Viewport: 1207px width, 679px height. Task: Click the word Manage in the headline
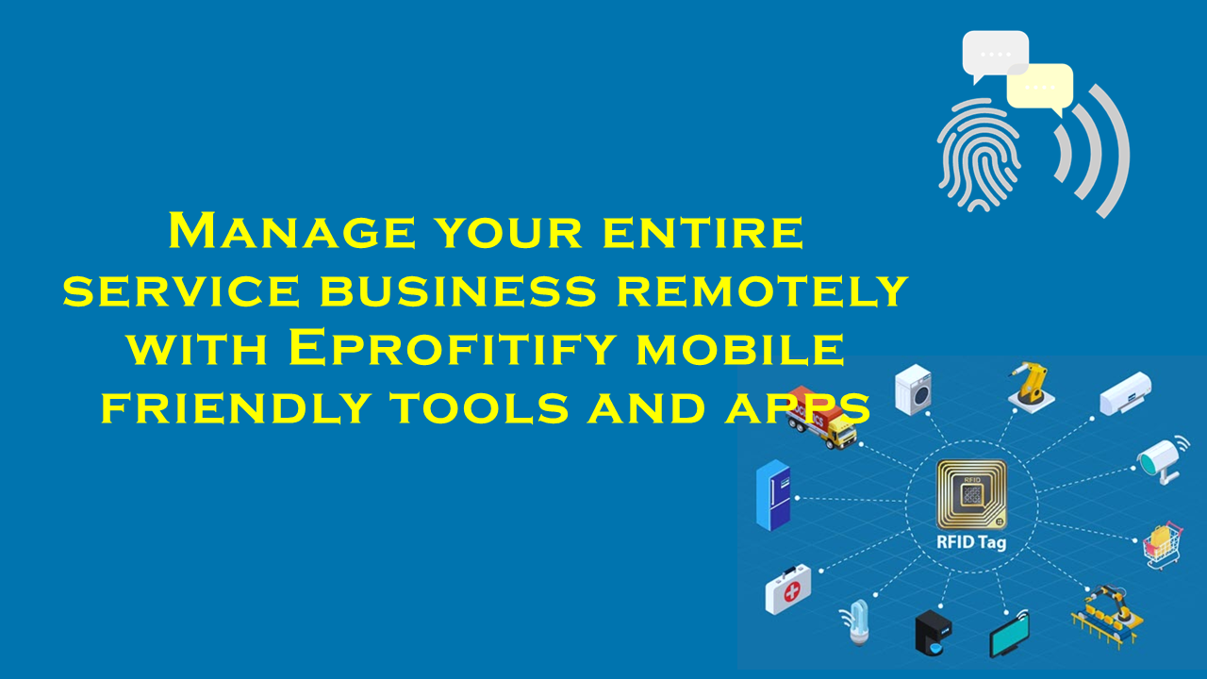tap(291, 231)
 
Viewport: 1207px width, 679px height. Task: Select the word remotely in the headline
tap(762, 290)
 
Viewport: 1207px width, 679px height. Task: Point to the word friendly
tap(236, 407)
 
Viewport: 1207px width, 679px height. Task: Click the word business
tap(458, 290)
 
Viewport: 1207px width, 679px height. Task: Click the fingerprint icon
tap(979, 156)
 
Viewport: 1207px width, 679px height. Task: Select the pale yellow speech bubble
tap(1040, 89)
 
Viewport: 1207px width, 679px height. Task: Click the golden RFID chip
tap(971, 495)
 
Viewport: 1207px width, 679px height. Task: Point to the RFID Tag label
tap(971, 542)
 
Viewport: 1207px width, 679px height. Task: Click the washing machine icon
tap(914, 389)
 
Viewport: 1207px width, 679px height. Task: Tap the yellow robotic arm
tap(1032, 387)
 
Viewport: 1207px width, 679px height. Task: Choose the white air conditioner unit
tap(1126, 393)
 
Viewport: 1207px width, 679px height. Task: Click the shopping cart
tap(1163, 545)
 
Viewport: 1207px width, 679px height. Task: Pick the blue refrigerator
tap(773, 495)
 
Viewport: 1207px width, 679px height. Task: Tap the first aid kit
tap(787, 589)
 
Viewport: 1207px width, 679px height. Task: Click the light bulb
tap(857, 623)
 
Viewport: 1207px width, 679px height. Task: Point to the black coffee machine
tap(934, 633)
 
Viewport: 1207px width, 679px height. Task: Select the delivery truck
tap(821, 417)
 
